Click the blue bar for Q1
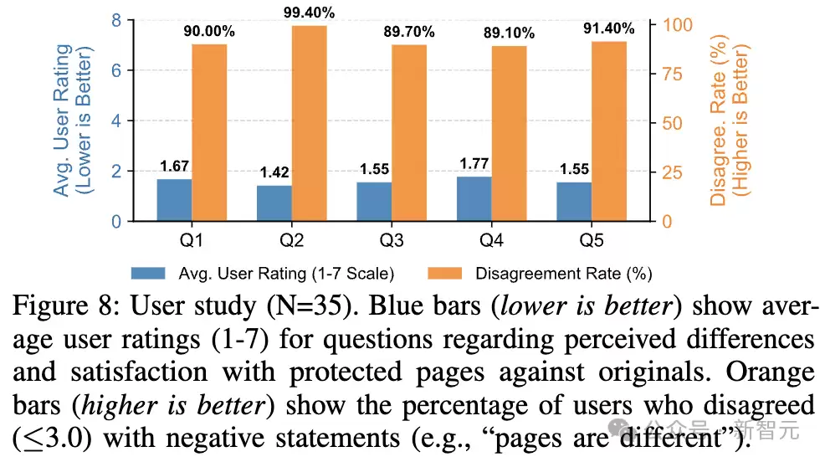click(174, 200)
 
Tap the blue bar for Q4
click(473, 198)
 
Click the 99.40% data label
click(310, 13)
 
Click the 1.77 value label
click(473, 164)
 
